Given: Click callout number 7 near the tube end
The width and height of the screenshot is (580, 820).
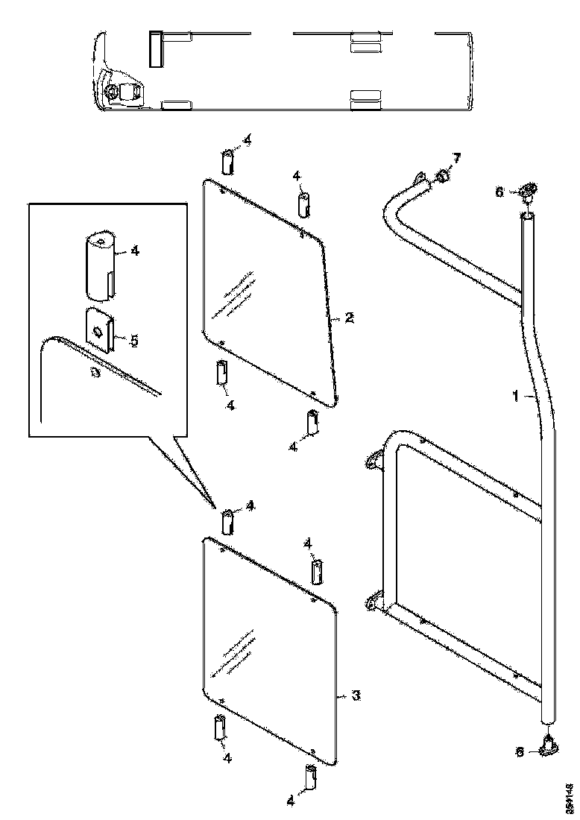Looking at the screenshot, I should tap(458, 159).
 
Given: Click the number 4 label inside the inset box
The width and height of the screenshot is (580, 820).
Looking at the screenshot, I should tap(134, 250).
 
